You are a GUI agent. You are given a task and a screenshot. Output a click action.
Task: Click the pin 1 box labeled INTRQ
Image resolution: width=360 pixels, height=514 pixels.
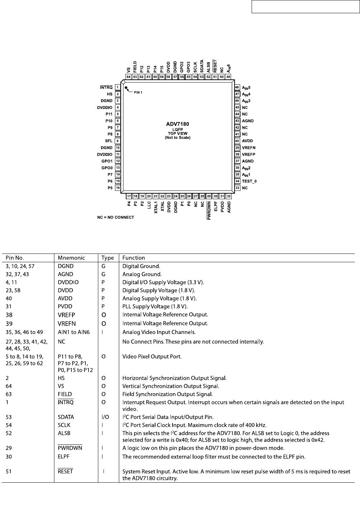pyautogui.click(x=118, y=87)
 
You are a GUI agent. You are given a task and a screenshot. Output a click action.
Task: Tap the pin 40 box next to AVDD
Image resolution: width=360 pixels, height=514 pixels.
pyautogui.click(x=237, y=141)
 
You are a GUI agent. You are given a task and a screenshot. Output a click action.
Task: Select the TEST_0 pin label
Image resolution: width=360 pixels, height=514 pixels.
pyautogui.click(x=249, y=181)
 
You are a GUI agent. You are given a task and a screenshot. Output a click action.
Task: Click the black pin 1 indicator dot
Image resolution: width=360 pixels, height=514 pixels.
pyautogui.click(x=127, y=88)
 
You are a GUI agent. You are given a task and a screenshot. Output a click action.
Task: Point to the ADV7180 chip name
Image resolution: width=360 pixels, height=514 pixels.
pyautogui.click(x=178, y=124)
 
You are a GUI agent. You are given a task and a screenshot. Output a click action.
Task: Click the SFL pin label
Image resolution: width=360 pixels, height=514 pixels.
pyautogui.click(x=109, y=141)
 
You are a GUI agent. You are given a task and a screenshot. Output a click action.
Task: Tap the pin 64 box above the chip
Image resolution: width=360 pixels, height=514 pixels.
pyautogui.click(x=129, y=77)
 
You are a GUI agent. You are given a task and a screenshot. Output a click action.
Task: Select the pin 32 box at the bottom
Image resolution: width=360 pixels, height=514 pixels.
pyautogui.click(x=229, y=196)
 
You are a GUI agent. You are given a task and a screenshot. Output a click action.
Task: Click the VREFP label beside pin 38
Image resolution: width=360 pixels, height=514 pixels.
pyautogui.click(x=248, y=154)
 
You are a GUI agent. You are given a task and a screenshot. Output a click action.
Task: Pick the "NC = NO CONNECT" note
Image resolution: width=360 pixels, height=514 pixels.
pyautogui.click(x=115, y=217)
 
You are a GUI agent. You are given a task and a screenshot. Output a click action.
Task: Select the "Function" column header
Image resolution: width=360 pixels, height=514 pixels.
pyautogui.click(x=133, y=258)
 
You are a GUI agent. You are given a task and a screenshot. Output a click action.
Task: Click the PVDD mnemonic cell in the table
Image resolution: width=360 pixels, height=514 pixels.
pyautogui.click(x=65, y=306)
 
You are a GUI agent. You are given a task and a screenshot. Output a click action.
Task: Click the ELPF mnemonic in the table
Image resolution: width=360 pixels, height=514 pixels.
pyautogui.click(x=64, y=457)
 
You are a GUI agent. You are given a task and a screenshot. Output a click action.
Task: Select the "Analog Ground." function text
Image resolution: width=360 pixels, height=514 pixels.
pyautogui.click(x=142, y=274)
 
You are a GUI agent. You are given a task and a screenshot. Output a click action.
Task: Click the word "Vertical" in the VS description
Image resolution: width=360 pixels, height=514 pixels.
pyautogui.click(x=132, y=386)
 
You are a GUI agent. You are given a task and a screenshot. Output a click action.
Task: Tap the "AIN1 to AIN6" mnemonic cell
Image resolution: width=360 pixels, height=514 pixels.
pyautogui.click(x=74, y=332)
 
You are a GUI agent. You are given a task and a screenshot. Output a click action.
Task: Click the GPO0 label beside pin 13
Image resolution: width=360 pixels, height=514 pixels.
pyautogui.click(x=107, y=168)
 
